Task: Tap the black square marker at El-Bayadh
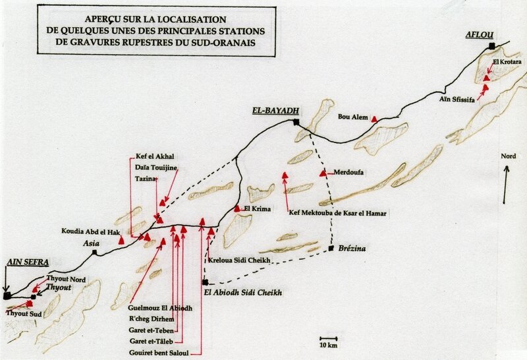296,123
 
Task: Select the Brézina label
350,249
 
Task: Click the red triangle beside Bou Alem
374,119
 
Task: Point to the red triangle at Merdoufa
322,173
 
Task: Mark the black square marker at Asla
95,252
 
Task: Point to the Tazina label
146,179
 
